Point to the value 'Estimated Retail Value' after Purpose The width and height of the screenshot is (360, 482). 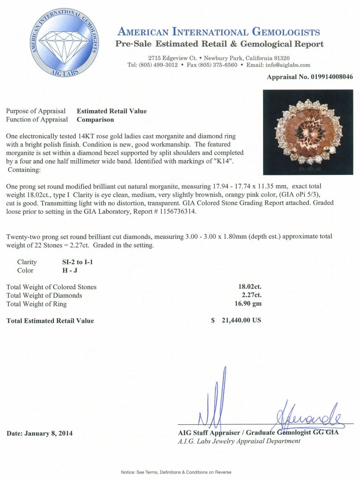(x=112, y=111)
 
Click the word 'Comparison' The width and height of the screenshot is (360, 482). (x=95, y=119)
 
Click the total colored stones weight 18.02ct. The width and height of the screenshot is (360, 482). (x=250, y=287)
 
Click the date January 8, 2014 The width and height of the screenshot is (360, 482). (x=40, y=433)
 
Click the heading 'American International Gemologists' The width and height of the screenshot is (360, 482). (x=218, y=32)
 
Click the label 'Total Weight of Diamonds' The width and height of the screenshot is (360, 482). (x=44, y=295)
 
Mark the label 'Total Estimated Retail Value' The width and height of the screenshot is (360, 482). (x=50, y=320)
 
